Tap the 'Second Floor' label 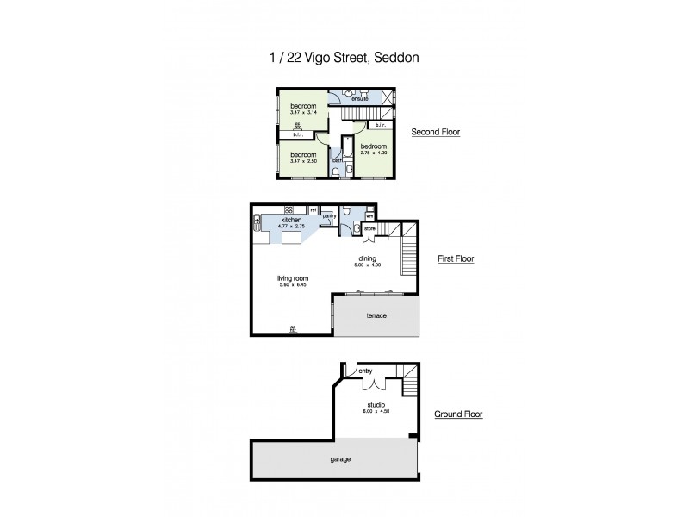(436, 132)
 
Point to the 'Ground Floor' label (458, 414)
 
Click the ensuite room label (360, 99)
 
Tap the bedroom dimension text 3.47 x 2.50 (302, 160)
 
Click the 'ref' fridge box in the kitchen (313, 209)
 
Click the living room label (293, 278)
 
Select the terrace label (376, 316)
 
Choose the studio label (376, 405)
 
